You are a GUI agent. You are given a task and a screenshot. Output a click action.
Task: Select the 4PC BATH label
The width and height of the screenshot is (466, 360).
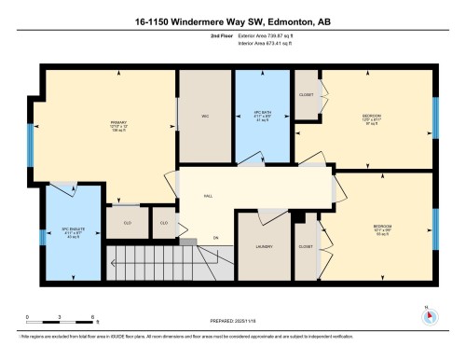[262, 118]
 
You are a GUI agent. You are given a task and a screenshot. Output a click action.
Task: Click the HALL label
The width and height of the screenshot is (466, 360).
[207, 198]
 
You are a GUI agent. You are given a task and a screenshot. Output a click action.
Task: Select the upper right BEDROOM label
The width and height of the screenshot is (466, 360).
[373, 117]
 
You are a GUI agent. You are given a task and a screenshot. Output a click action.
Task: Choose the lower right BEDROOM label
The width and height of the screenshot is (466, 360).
[380, 227]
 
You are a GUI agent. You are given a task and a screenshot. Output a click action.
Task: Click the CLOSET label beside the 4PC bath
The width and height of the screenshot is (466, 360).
[307, 95]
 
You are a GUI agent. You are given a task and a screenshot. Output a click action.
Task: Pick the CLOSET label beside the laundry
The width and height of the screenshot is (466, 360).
[305, 247]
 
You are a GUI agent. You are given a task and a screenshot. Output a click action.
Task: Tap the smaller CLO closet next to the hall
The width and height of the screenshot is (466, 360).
[163, 223]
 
